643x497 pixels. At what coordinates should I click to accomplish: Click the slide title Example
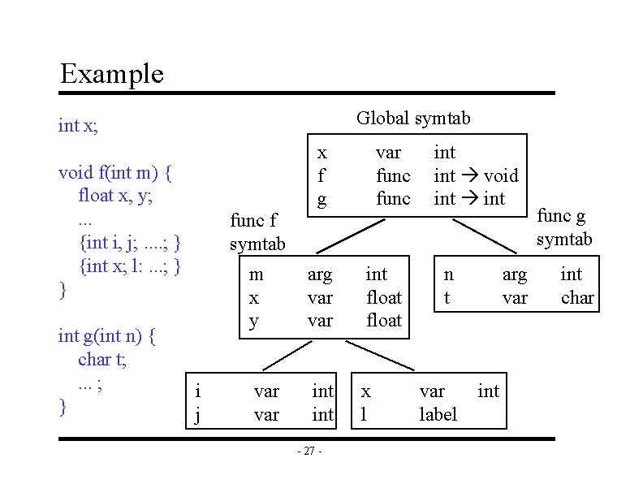[x=112, y=74]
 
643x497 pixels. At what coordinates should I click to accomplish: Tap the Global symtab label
[x=413, y=119]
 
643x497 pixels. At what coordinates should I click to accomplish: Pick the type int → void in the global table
[x=476, y=175]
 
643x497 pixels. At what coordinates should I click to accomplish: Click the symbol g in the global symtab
[x=322, y=199]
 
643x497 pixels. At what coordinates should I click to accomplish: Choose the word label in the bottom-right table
[x=438, y=415]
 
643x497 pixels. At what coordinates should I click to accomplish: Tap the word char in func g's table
[x=577, y=298]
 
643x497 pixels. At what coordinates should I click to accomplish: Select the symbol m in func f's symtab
[x=256, y=274]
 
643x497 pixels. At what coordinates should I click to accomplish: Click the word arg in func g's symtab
[x=515, y=274]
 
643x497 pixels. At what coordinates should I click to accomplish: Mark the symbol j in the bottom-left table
[x=198, y=415]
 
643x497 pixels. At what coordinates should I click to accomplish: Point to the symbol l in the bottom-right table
[x=364, y=415]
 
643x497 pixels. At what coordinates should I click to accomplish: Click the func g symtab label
[x=565, y=227]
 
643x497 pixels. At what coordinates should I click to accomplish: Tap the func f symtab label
[x=257, y=232]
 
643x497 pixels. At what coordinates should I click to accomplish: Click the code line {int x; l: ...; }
[x=130, y=266]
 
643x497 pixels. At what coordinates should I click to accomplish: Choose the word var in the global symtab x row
[x=388, y=153]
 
